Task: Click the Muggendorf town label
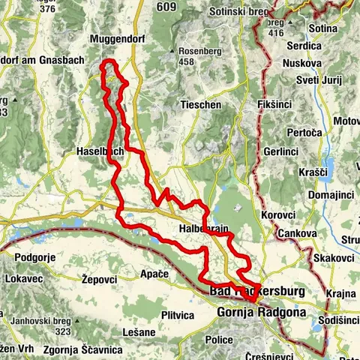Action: (x=115, y=38)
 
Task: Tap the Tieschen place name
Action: (x=200, y=105)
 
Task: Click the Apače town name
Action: (x=154, y=274)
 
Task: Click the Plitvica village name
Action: (x=177, y=314)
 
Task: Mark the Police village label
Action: (x=220, y=340)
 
